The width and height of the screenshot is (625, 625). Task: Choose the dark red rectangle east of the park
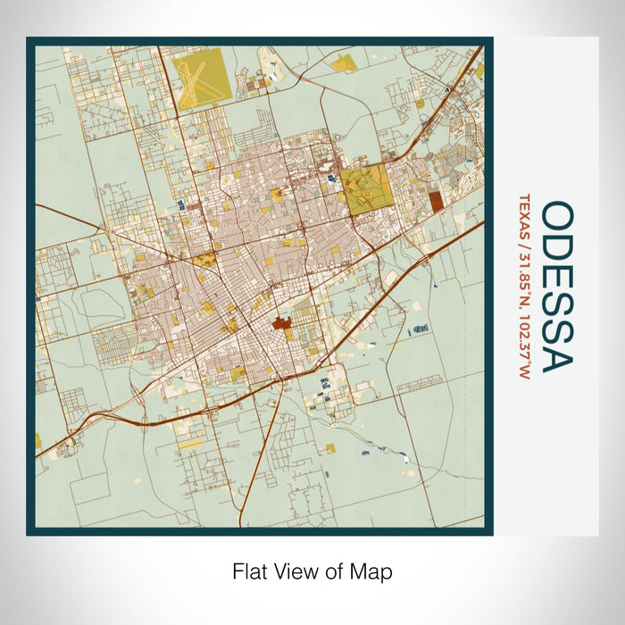[x=436, y=201]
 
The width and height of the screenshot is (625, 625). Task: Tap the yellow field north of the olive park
[x=344, y=64]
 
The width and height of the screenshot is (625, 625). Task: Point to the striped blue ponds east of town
[x=418, y=329]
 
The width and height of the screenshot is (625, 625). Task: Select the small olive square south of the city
[x=329, y=447]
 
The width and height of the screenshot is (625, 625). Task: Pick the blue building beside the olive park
[x=331, y=179]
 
